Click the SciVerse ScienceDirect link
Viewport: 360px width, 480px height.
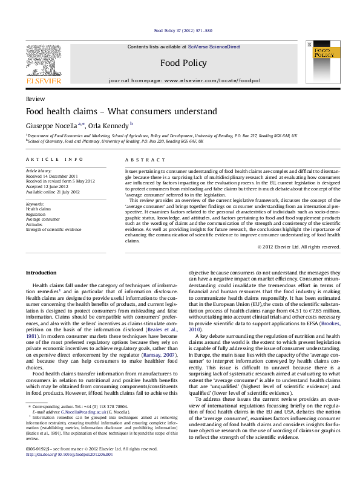[214, 47]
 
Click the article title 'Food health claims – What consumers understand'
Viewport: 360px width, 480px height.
[113, 112]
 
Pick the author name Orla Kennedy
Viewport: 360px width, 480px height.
[108, 125]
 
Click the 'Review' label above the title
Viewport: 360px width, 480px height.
[34, 98]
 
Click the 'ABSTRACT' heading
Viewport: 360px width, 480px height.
[145, 159]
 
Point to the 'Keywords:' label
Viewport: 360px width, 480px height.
[36, 205]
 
